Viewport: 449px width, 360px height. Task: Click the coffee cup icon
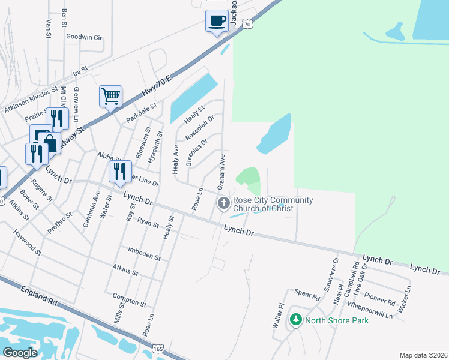click(x=217, y=21)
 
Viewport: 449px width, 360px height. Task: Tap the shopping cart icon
click(x=111, y=97)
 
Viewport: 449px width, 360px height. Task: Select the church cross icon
click(x=224, y=203)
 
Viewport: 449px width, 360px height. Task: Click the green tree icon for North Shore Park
click(x=295, y=320)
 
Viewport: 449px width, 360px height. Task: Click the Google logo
click(x=20, y=352)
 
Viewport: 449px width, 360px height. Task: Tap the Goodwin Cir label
click(x=84, y=37)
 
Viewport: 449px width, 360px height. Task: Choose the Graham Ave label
click(x=221, y=167)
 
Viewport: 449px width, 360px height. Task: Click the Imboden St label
click(x=144, y=253)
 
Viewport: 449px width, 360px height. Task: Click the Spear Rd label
click(x=307, y=295)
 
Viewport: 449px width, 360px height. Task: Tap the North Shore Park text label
click(x=337, y=320)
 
